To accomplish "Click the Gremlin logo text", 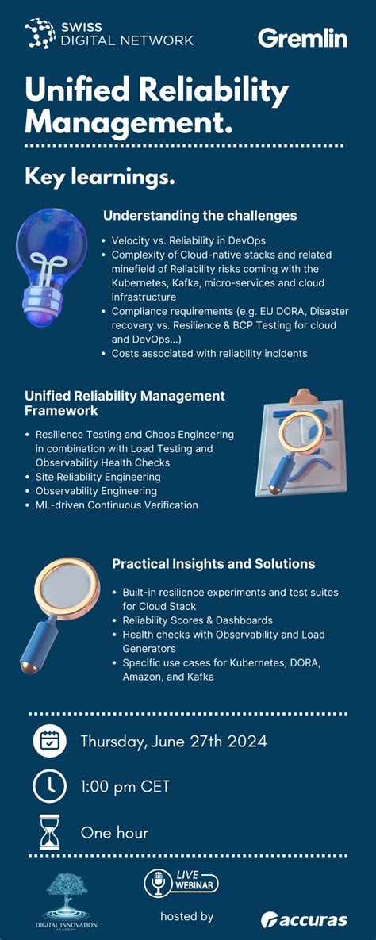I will click(x=302, y=37).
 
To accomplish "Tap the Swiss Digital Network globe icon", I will click(x=39, y=33).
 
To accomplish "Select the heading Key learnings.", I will click(x=100, y=176).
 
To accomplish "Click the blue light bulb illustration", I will click(x=50, y=262).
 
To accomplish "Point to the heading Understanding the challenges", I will click(x=200, y=215).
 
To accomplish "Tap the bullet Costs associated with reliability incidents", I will click(x=209, y=353).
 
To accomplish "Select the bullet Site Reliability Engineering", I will click(x=98, y=477).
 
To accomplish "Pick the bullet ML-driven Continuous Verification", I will click(x=117, y=505).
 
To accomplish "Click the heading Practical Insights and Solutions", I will click(x=213, y=564).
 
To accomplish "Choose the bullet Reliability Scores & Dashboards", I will click(x=198, y=620).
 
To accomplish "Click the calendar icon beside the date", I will click(x=49, y=742).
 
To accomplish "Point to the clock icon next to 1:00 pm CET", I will click(x=49, y=787).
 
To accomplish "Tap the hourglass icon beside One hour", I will click(x=50, y=832).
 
